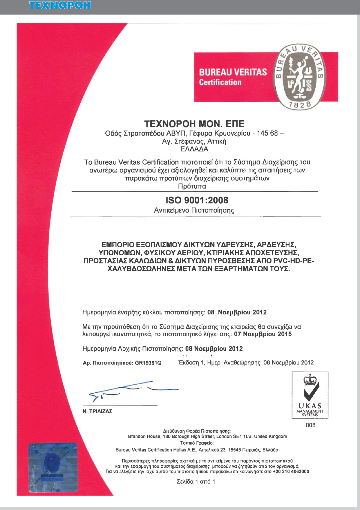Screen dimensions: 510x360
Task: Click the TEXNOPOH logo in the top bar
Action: [60, 5]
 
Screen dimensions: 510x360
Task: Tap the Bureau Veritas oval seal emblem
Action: [299, 77]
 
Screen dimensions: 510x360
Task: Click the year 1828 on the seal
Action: [300, 105]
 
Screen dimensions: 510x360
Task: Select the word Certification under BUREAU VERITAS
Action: [220, 82]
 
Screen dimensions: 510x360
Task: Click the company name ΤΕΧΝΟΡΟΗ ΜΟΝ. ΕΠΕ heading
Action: [194, 124]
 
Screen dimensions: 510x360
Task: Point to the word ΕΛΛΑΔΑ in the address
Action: [194, 149]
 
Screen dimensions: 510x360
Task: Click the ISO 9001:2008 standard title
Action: [197, 200]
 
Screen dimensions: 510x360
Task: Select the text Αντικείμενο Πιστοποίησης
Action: [194, 210]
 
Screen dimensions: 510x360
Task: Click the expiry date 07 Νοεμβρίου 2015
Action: [263, 334]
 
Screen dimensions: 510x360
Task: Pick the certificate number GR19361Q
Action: [148, 363]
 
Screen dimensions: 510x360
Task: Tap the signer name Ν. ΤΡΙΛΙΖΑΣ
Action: [97, 411]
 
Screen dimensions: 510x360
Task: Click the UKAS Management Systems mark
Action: [310, 395]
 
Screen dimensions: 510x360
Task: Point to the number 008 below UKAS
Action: [310, 425]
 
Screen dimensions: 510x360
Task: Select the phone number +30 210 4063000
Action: [291, 472]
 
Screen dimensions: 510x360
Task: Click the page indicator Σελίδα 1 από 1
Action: [196, 482]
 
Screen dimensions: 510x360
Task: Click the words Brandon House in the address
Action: [141, 436]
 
